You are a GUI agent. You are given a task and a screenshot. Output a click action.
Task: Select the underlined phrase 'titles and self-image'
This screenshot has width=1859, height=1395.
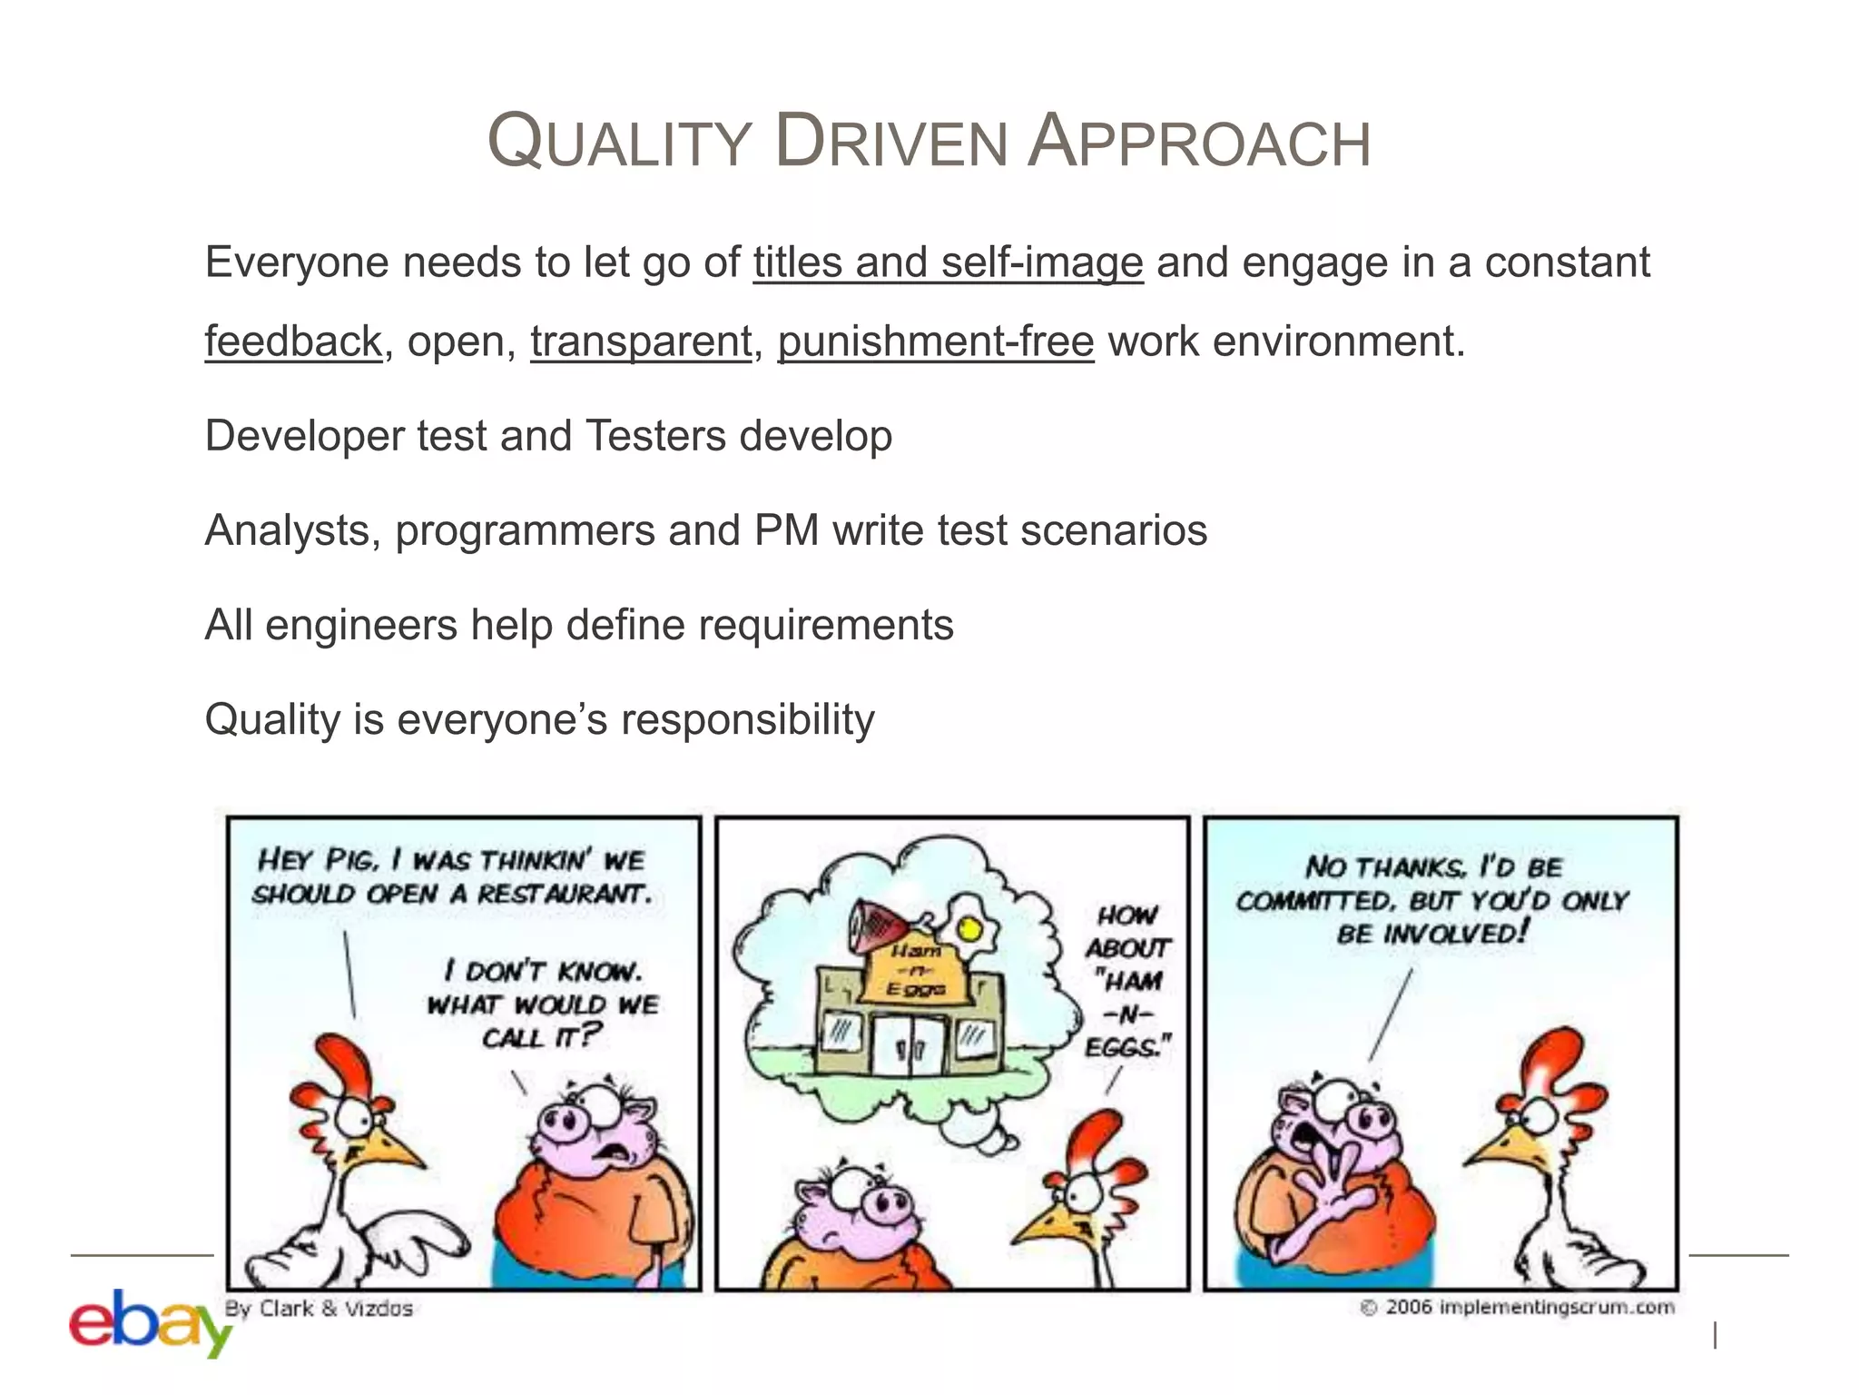pos(948,263)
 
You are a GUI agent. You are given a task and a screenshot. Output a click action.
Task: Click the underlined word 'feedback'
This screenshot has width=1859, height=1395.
pos(293,342)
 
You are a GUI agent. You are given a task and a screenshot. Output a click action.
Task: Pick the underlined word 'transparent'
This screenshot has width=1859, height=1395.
pos(641,342)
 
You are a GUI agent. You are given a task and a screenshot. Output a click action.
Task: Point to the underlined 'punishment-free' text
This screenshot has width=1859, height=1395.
pos(936,342)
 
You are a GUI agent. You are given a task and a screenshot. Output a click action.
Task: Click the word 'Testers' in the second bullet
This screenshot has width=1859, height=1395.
pos(654,436)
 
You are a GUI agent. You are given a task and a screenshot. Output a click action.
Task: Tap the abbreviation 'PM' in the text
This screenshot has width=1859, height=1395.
pos(786,530)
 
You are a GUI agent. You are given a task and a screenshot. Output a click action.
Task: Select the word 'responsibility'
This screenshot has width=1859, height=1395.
pos(747,719)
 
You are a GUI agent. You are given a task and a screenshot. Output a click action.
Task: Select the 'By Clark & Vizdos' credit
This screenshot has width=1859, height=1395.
pos(319,1309)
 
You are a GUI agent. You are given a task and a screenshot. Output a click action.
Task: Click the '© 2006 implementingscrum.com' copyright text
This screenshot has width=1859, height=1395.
pos(1517,1307)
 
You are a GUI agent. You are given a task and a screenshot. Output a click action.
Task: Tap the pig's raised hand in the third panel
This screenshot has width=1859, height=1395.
pos(1332,1185)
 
